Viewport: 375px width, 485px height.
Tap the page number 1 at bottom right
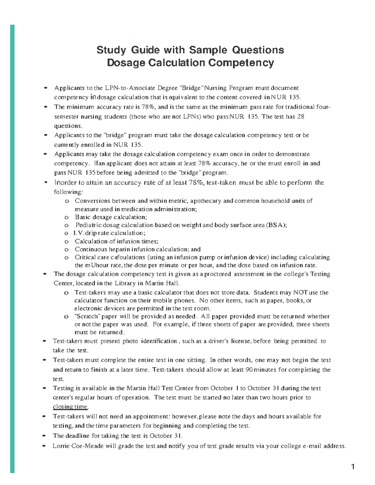point(353,467)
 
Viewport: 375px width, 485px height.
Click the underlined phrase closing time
point(70,407)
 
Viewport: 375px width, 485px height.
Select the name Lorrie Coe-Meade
point(78,446)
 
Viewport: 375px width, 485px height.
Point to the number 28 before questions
point(300,116)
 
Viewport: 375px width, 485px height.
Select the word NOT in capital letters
point(300,293)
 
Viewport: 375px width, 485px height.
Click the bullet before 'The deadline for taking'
point(45,436)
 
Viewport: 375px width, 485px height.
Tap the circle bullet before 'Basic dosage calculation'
point(66,217)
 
